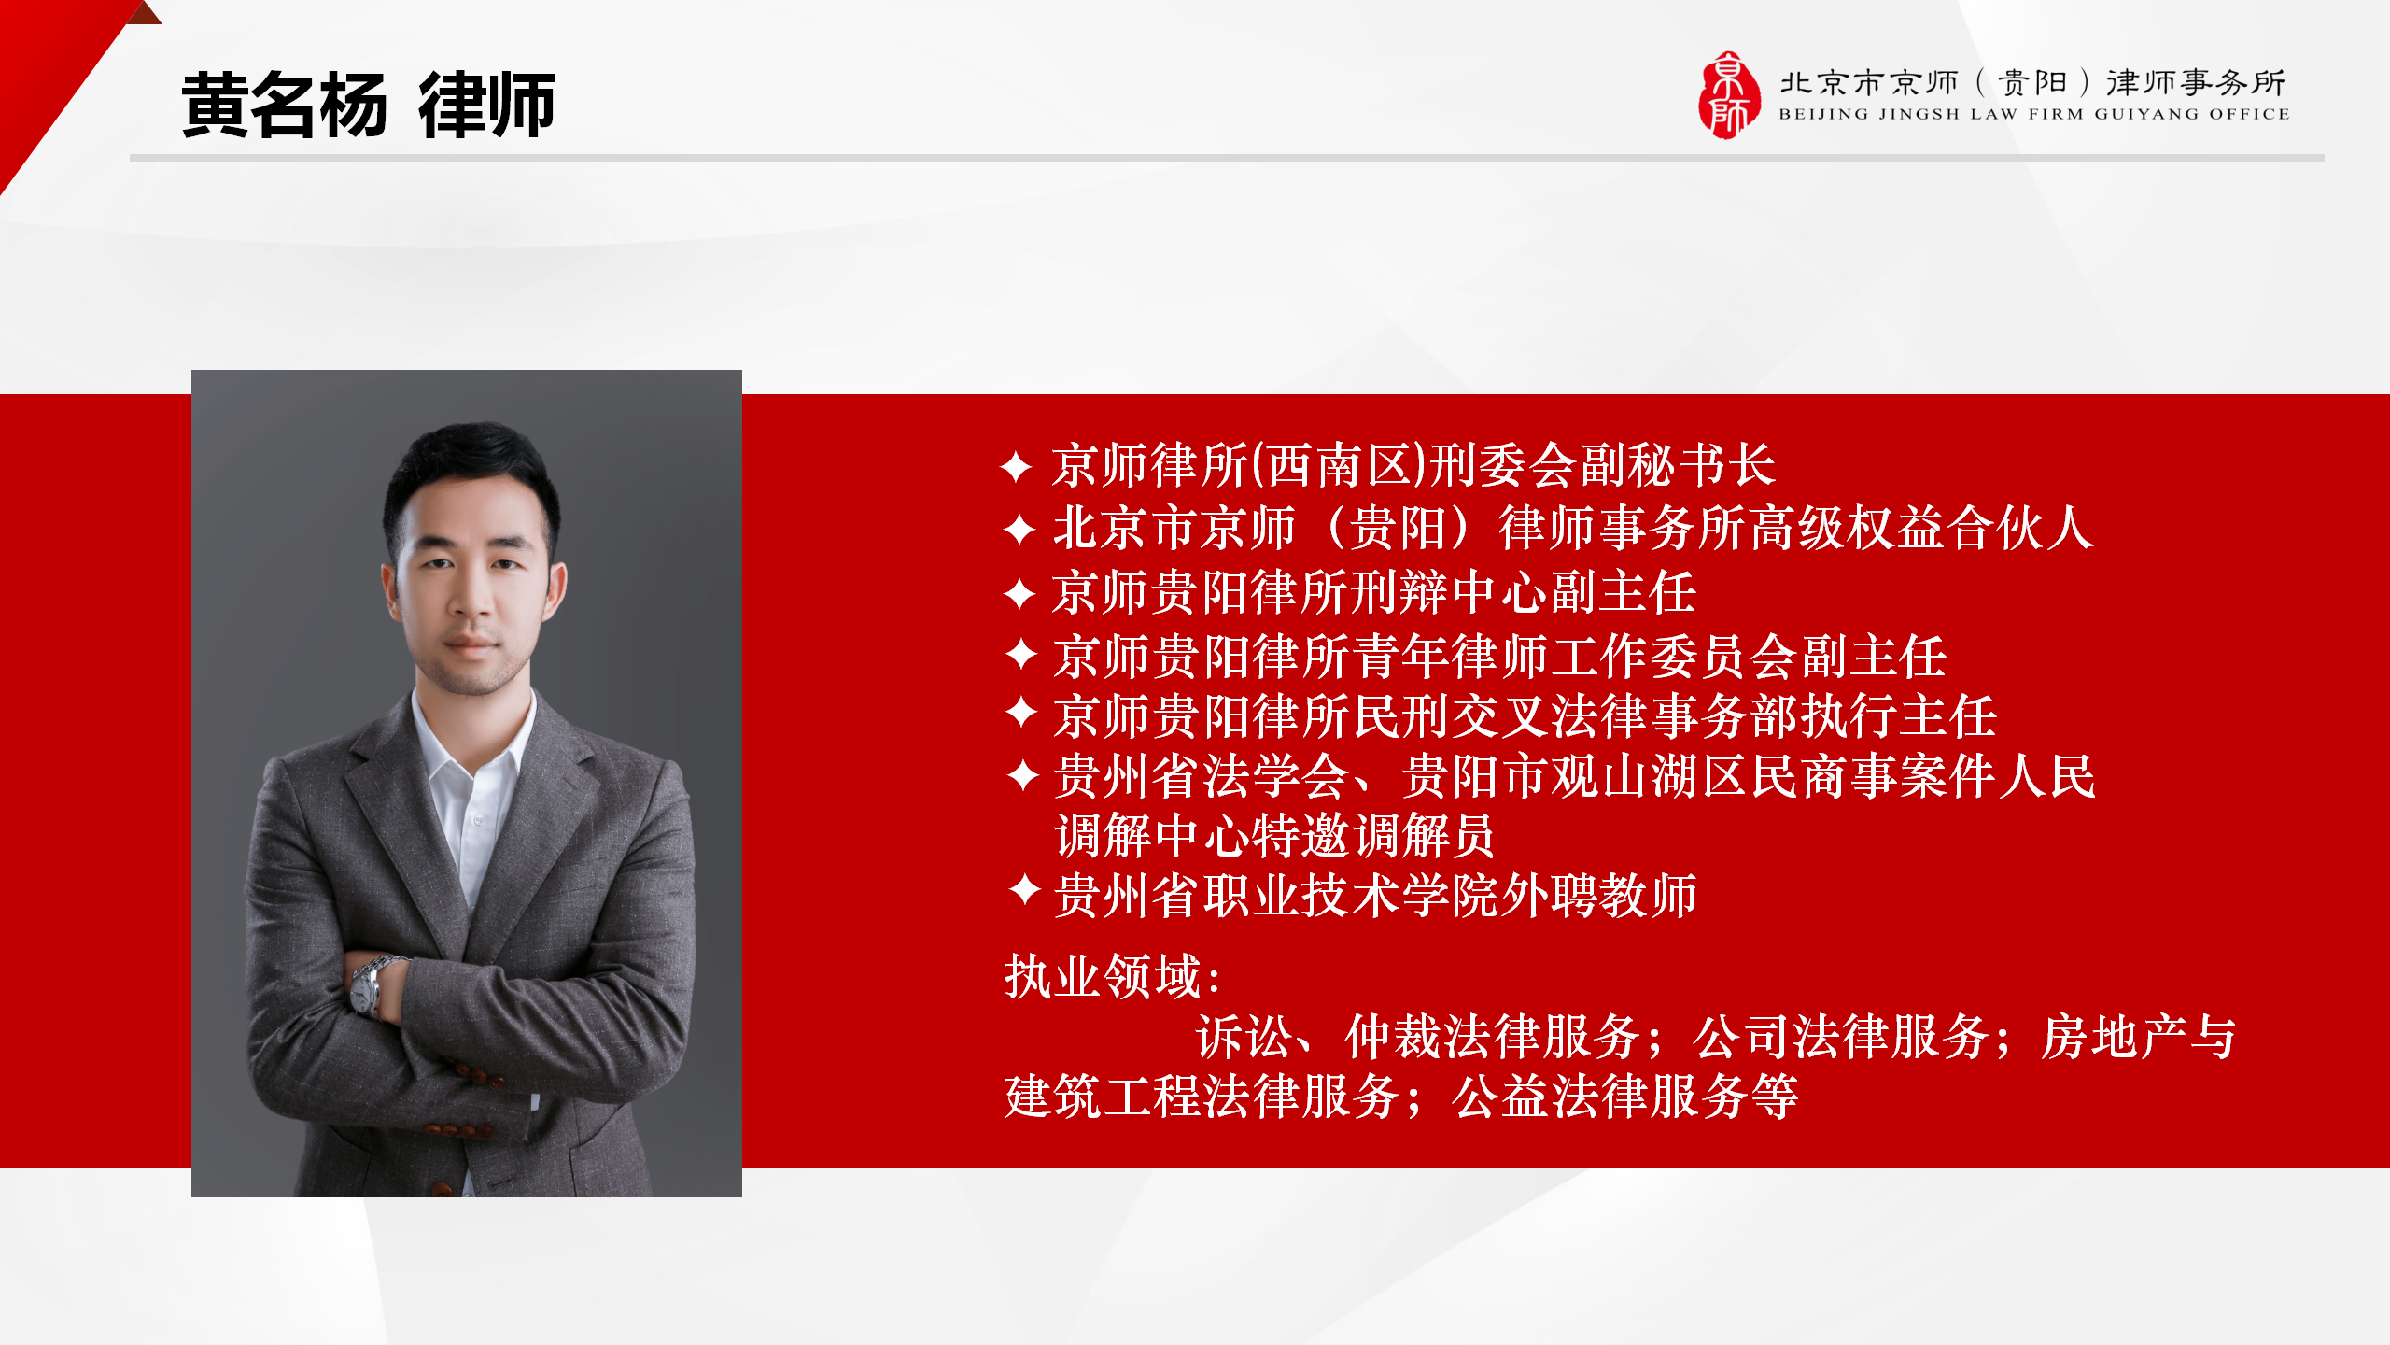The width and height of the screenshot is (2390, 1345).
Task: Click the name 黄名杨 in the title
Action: click(284, 105)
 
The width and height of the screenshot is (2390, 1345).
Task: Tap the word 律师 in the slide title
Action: click(486, 105)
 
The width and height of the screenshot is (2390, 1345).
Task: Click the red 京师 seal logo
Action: click(1728, 95)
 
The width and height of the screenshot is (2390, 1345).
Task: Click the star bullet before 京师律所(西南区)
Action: click(1016, 466)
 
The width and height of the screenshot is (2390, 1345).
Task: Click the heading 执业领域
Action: click(1104, 977)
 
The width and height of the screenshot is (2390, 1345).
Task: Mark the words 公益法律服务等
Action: click(1625, 1097)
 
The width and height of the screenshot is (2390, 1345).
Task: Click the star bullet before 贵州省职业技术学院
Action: click(1025, 890)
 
